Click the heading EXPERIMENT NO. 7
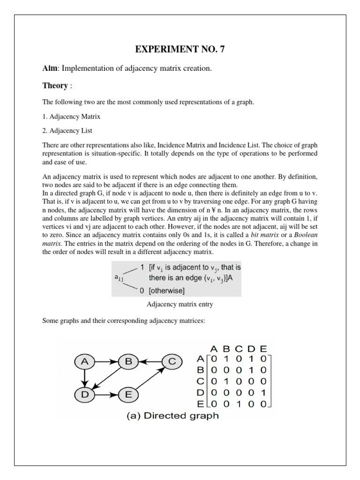pos(180,50)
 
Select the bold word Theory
pos(55,86)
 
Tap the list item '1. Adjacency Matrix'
pos(71,116)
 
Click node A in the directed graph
pos(84,361)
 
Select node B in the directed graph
pos(127,361)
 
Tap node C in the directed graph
pos(172,361)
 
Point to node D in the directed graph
pos(84,395)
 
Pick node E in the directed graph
pos(127,395)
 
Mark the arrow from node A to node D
pos(84,378)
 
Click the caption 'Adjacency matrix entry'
pos(180,304)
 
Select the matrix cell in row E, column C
pos(239,404)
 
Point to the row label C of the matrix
pos(201,382)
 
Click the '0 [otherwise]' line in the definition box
pos(162,291)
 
